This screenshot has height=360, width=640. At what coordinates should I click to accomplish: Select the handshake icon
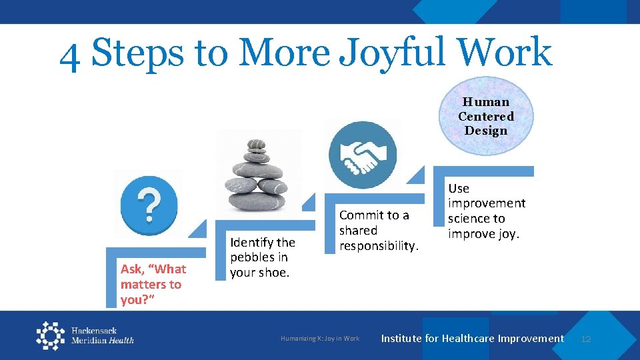[362, 154]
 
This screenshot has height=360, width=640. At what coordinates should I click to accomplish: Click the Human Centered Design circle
[486, 117]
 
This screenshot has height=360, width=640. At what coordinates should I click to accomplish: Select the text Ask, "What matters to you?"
[153, 284]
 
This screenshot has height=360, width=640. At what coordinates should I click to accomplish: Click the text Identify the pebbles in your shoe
[262, 257]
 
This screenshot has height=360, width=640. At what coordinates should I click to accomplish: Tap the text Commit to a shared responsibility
[378, 230]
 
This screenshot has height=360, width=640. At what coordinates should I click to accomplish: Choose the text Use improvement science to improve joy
[486, 211]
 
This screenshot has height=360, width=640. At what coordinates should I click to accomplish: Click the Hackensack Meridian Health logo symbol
[51, 335]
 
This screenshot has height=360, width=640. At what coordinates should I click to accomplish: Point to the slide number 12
[585, 339]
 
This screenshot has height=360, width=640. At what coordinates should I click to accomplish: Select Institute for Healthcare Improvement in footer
[472, 339]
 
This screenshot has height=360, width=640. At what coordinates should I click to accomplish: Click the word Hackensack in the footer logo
[94, 331]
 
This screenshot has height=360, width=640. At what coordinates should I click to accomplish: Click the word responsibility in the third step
[378, 246]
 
